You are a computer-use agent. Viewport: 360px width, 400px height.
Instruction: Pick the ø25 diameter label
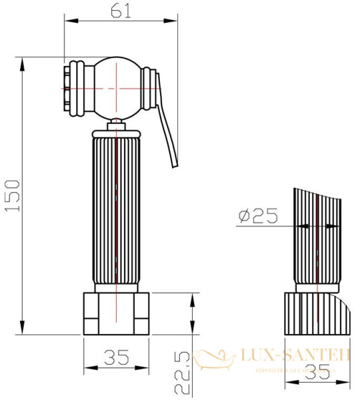pyautogui.click(x=257, y=215)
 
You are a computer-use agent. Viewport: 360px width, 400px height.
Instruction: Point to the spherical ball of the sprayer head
pyautogui.click(x=117, y=87)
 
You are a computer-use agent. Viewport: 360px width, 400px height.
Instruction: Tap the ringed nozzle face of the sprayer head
pyautogui.click(x=73, y=87)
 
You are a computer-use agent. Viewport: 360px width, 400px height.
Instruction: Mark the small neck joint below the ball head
pyautogui.click(x=117, y=123)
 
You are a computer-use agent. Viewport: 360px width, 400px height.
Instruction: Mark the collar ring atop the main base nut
pyautogui.click(x=117, y=289)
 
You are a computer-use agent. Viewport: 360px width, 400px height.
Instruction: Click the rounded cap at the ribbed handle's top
pyautogui.click(x=117, y=132)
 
